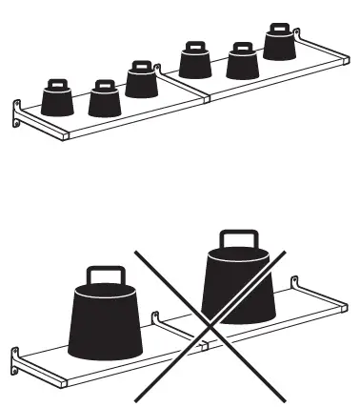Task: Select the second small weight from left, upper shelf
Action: coord(104,100)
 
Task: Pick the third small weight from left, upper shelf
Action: coord(141,83)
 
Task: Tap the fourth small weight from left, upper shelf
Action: coord(195,64)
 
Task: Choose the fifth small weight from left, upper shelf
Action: coord(242,65)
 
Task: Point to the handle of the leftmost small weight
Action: coord(58,84)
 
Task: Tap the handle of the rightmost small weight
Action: coord(279,29)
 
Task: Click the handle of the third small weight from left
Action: coord(141,66)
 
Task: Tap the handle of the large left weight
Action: coord(102,276)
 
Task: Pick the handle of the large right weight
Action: coord(236,240)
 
